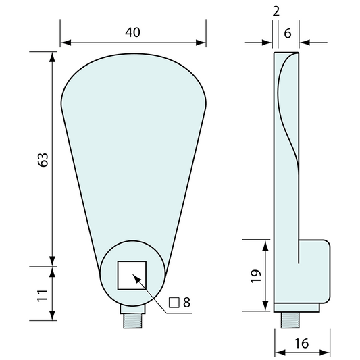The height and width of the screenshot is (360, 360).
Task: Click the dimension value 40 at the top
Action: [x=132, y=32]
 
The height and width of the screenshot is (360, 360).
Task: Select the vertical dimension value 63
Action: [x=42, y=160]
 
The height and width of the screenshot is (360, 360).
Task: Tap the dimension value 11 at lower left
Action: [x=42, y=296]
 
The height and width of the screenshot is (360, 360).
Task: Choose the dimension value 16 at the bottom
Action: [x=302, y=344]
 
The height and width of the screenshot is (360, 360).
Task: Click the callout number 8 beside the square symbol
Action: [x=186, y=303]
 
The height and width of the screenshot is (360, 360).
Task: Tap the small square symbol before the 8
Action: [x=174, y=303]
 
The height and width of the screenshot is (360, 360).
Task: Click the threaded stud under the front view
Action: [x=133, y=321]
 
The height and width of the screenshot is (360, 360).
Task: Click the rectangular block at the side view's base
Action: [x=315, y=273]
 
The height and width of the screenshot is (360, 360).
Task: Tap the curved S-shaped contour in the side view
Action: [x=284, y=115]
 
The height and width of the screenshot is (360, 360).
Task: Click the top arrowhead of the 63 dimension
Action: [x=52, y=56]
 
